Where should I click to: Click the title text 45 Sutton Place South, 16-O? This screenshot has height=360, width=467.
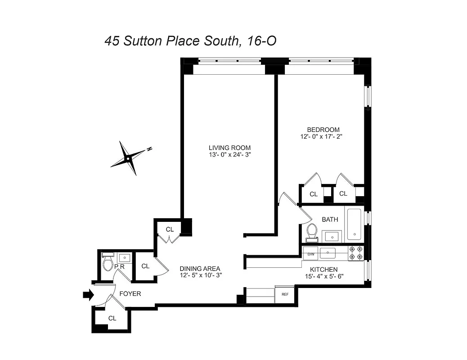[190, 41]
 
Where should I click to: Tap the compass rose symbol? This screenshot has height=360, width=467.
[129, 158]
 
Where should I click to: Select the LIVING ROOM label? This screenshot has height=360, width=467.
[229, 148]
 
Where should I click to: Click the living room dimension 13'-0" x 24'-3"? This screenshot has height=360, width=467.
[229, 155]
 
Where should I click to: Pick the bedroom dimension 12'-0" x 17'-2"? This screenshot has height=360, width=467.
[323, 136]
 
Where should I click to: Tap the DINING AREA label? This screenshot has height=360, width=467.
[201, 268]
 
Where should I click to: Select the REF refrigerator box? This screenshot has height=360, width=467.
[284, 295]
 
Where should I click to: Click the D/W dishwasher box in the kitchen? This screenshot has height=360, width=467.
[311, 254]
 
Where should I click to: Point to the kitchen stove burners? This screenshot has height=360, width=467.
[356, 253]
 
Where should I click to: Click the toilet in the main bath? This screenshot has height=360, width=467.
[312, 232]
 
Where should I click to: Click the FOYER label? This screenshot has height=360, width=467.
[130, 294]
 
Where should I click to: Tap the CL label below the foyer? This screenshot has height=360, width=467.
[112, 318]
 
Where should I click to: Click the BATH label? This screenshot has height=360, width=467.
[330, 220]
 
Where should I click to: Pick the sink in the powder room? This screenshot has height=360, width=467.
[124, 258]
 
